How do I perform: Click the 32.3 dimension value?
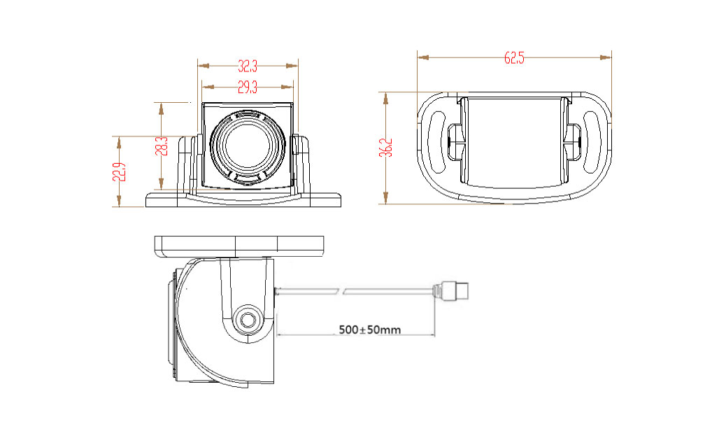pyautogui.click(x=248, y=66)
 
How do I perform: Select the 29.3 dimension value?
pyautogui.click(x=247, y=87)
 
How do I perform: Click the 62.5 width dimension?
pyautogui.click(x=514, y=59)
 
